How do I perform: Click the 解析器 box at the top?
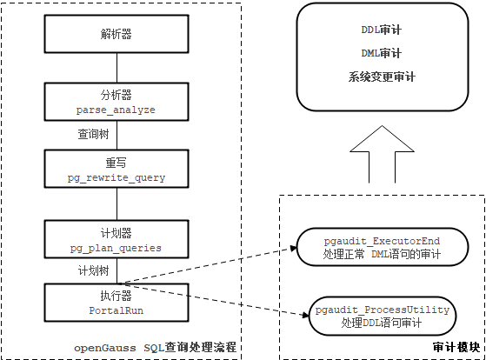tap(116, 35)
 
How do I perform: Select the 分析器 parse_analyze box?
tap(116, 103)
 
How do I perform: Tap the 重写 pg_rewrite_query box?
tap(116, 170)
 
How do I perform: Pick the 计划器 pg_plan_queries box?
tap(116, 240)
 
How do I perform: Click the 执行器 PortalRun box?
tap(116, 300)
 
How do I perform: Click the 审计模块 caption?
tap(455, 346)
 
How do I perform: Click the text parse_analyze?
tap(116, 110)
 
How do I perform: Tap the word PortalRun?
tap(116, 308)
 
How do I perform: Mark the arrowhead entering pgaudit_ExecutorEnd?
tap(294, 248)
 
